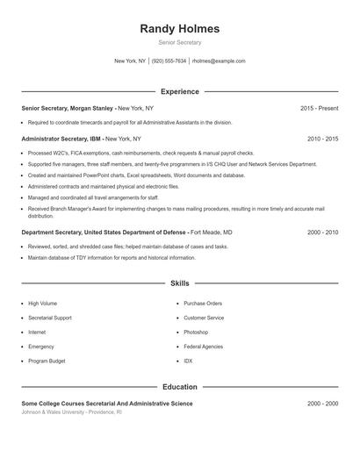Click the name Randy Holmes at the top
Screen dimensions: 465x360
179,29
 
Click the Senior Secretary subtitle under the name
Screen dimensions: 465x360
179,42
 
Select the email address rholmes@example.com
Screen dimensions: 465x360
219,61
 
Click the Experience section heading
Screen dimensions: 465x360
179,91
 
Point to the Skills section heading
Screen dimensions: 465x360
179,283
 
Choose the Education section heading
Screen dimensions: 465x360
179,386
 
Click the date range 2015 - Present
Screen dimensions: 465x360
319,108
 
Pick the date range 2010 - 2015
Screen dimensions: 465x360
322,139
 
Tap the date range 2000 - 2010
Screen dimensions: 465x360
322,232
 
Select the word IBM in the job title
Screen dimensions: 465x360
95,139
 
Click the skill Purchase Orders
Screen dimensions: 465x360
203,303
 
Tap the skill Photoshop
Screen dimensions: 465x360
196,333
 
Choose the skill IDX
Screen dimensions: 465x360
188,361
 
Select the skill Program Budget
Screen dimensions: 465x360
47,361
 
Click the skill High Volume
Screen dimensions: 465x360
43,303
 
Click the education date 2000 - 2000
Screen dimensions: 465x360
322,403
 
